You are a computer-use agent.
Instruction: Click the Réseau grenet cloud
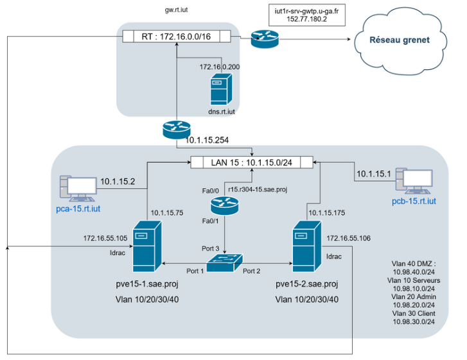pos(398,40)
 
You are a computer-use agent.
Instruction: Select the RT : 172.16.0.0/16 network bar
pos(177,37)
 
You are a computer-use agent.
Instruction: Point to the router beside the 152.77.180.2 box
pos(264,40)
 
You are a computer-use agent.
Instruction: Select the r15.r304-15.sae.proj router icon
pos(224,205)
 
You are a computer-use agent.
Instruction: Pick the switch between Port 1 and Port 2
pos(224,261)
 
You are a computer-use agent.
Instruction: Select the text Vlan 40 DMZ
pos(413,263)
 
